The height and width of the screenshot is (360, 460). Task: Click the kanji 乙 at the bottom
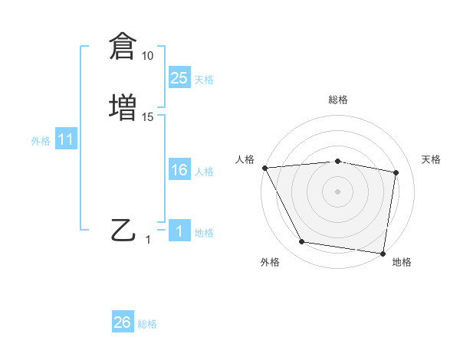123,230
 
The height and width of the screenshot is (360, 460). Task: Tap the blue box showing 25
179,78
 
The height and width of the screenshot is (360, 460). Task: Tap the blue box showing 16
179,170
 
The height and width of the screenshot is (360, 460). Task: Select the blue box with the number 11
66,140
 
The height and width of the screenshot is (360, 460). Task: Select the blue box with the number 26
123,322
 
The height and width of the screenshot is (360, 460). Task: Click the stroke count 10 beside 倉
148,56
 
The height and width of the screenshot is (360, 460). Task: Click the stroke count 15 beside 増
148,117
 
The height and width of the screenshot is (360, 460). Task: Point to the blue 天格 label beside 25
204,80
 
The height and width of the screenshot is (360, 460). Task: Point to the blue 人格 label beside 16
204,172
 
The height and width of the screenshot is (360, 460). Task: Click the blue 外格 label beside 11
41,141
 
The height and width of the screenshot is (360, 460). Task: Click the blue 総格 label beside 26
147,324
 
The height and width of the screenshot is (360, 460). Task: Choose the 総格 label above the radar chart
338,100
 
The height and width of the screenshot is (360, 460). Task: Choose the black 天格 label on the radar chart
432,159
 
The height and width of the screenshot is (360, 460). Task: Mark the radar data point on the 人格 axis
264,168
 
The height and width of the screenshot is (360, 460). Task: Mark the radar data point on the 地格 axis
383,253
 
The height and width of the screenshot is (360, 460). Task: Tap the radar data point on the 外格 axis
301,242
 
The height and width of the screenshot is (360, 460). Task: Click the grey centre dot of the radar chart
338,191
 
